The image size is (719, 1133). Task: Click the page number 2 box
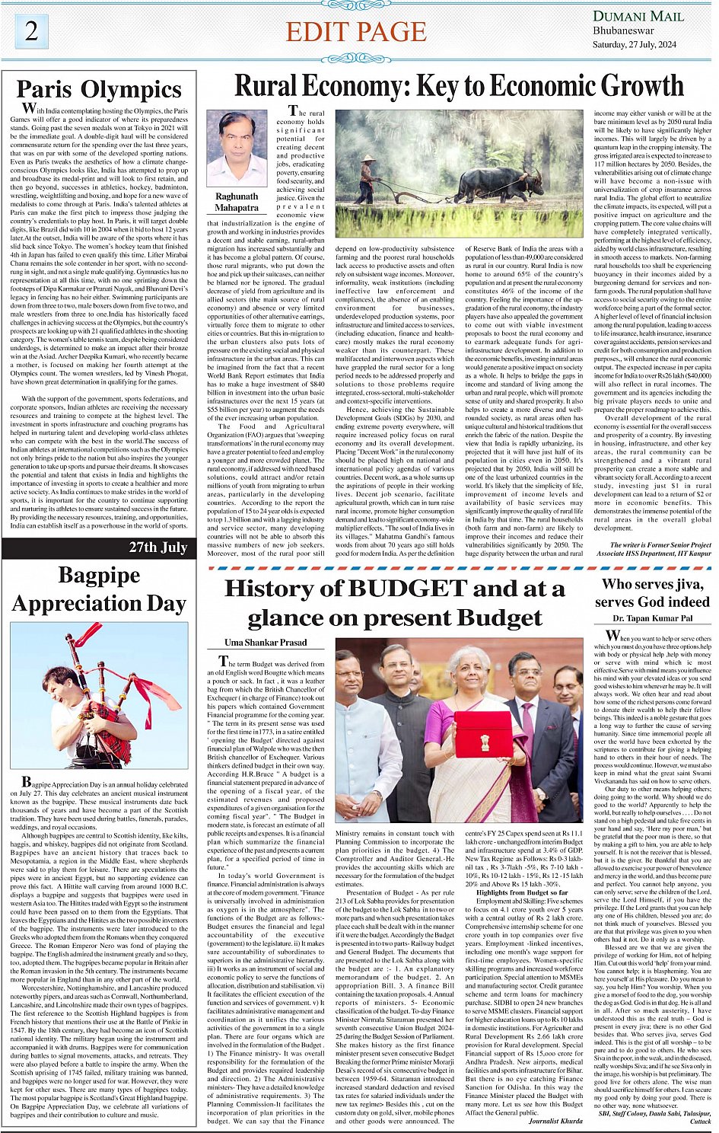(x=31, y=30)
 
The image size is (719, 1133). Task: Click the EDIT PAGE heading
(x=355, y=32)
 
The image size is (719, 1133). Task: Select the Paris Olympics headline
(x=99, y=89)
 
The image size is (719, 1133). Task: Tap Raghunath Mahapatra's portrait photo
(x=236, y=148)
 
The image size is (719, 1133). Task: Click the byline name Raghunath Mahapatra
(x=237, y=202)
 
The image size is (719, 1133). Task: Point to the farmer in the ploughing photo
(x=368, y=179)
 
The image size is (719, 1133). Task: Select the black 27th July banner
(x=99, y=547)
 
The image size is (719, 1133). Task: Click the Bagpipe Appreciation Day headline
(x=99, y=589)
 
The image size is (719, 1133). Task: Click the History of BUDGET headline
(x=394, y=602)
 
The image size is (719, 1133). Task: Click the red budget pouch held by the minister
(x=483, y=734)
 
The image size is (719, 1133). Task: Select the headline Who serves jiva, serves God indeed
(x=652, y=592)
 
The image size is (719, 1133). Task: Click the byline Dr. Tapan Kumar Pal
(x=652, y=619)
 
